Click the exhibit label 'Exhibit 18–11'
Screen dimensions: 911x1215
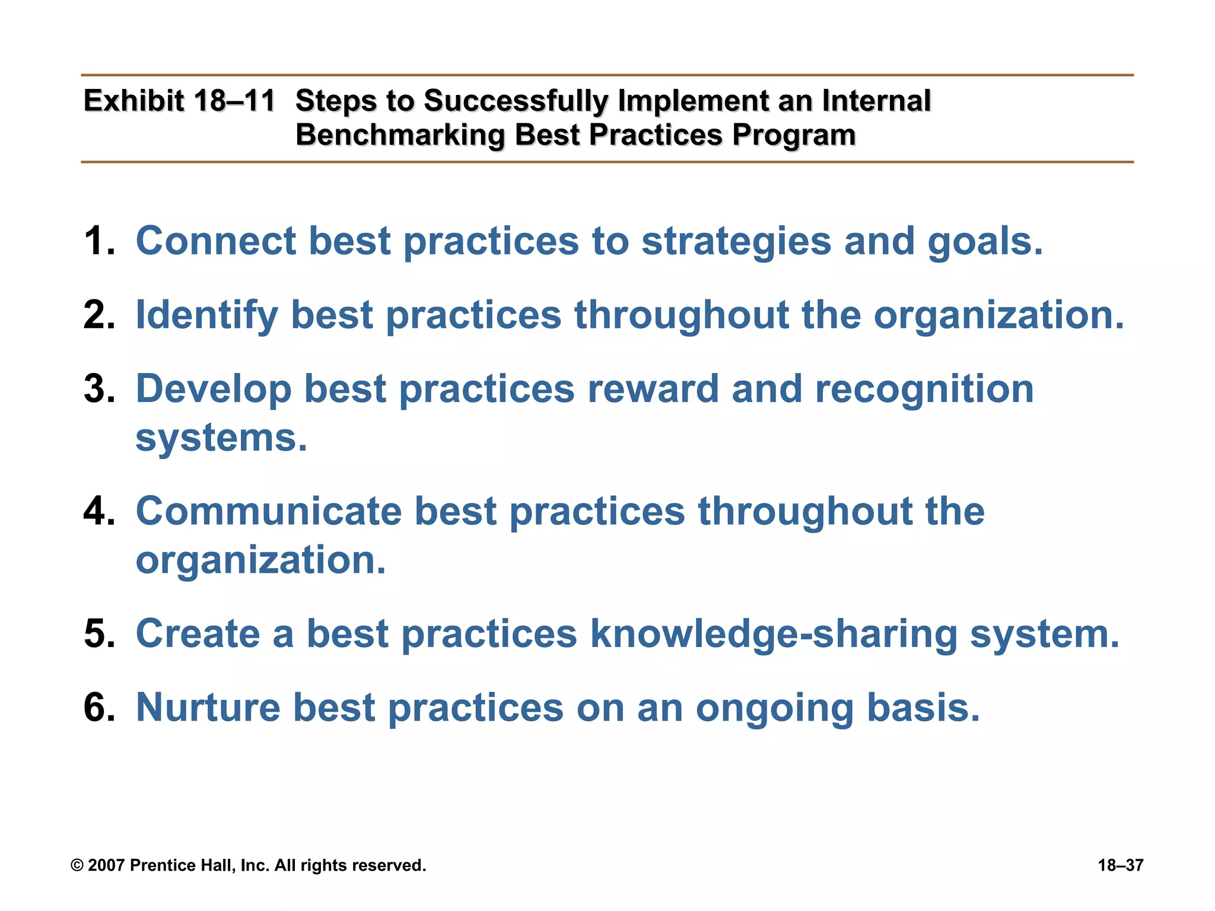point(179,101)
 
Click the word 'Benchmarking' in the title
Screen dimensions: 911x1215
point(400,135)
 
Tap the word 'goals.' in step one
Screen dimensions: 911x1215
point(985,241)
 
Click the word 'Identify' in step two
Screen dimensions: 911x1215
point(206,315)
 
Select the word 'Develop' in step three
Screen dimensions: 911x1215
point(214,390)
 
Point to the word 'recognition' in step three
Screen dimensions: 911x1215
point(924,390)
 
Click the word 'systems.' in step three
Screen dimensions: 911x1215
point(221,438)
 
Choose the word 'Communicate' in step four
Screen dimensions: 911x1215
point(268,511)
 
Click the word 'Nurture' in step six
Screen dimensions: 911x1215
point(208,708)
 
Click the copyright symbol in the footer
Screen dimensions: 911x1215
point(77,866)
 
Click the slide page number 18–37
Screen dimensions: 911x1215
point(1120,866)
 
